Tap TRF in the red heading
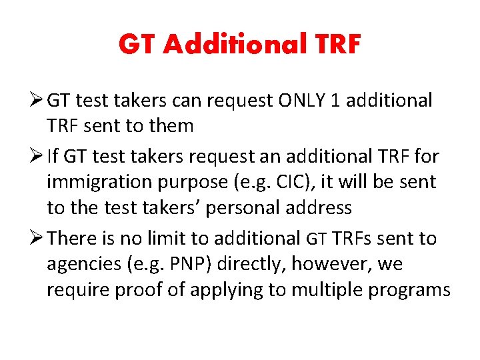[335, 45]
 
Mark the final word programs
[407, 290]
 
